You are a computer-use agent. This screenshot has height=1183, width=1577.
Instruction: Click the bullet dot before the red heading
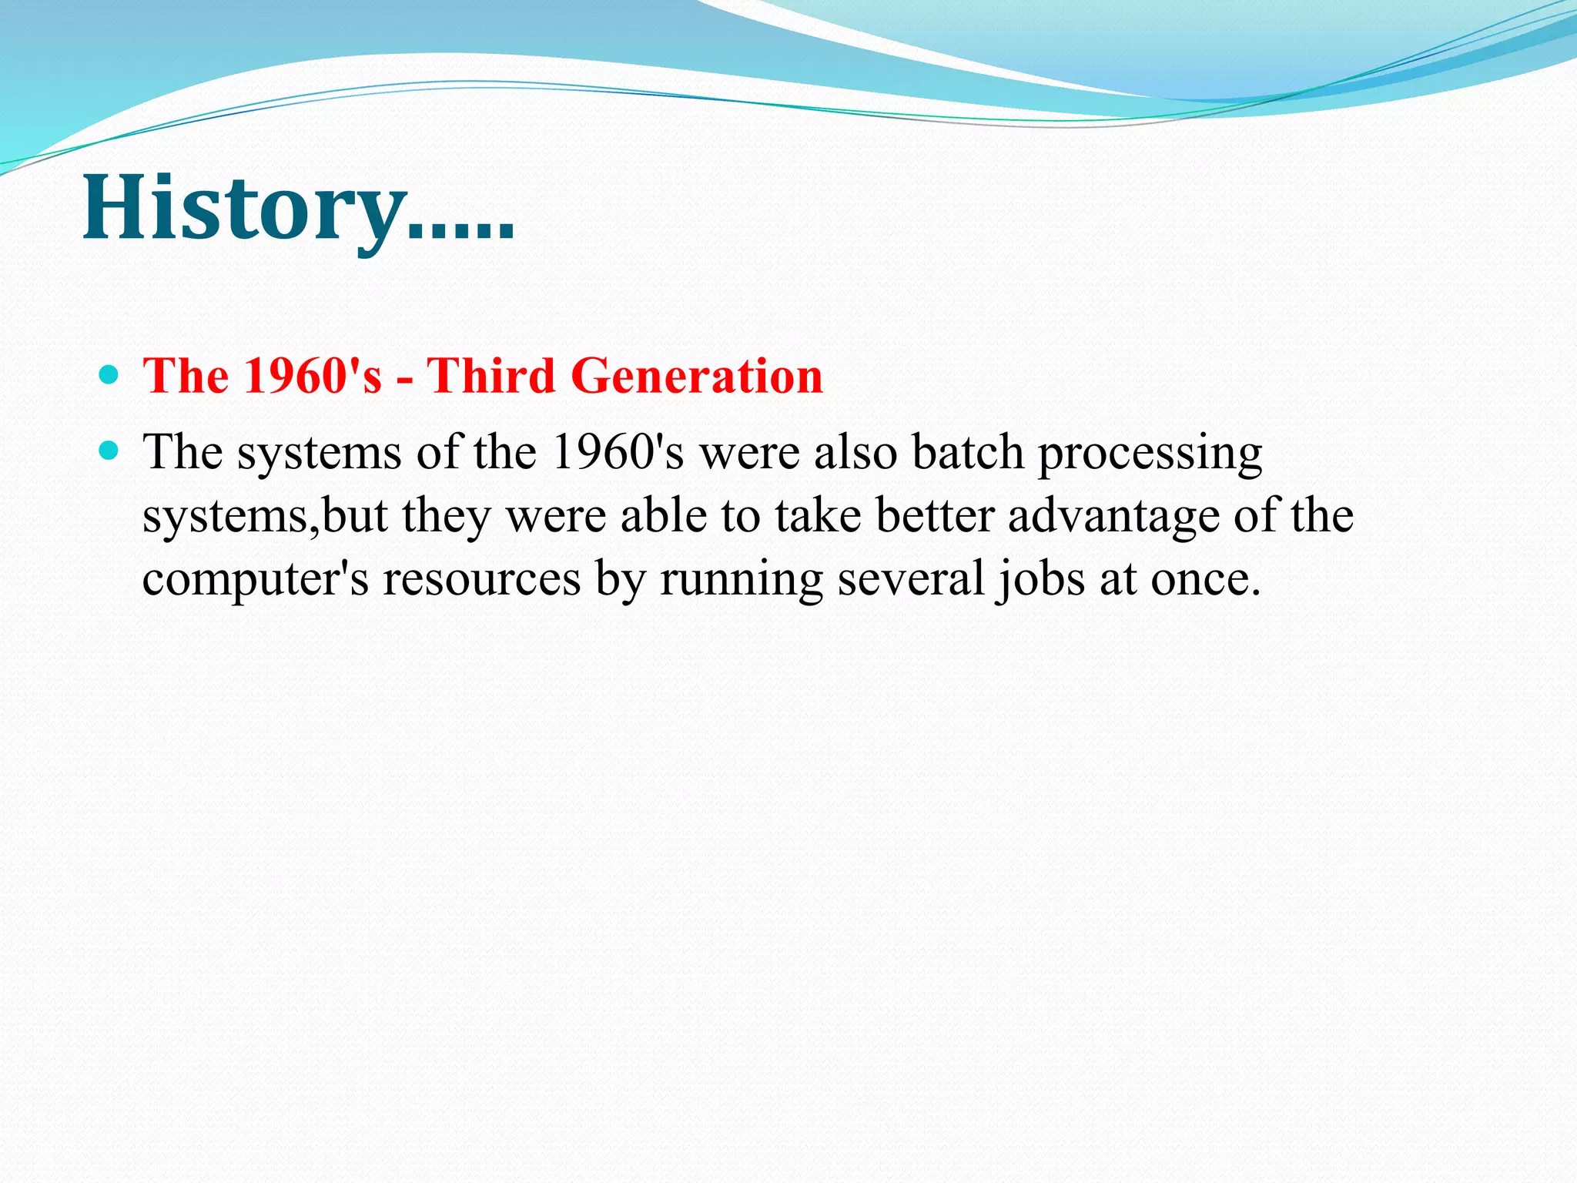point(109,376)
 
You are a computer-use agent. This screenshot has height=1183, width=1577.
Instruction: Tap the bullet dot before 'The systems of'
point(109,451)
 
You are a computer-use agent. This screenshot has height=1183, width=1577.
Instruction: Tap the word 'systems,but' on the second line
point(265,516)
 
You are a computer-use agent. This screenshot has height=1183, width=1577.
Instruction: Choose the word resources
point(482,579)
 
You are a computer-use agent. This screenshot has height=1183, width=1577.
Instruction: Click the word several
point(910,579)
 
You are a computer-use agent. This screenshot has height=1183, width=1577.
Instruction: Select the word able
point(664,516)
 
